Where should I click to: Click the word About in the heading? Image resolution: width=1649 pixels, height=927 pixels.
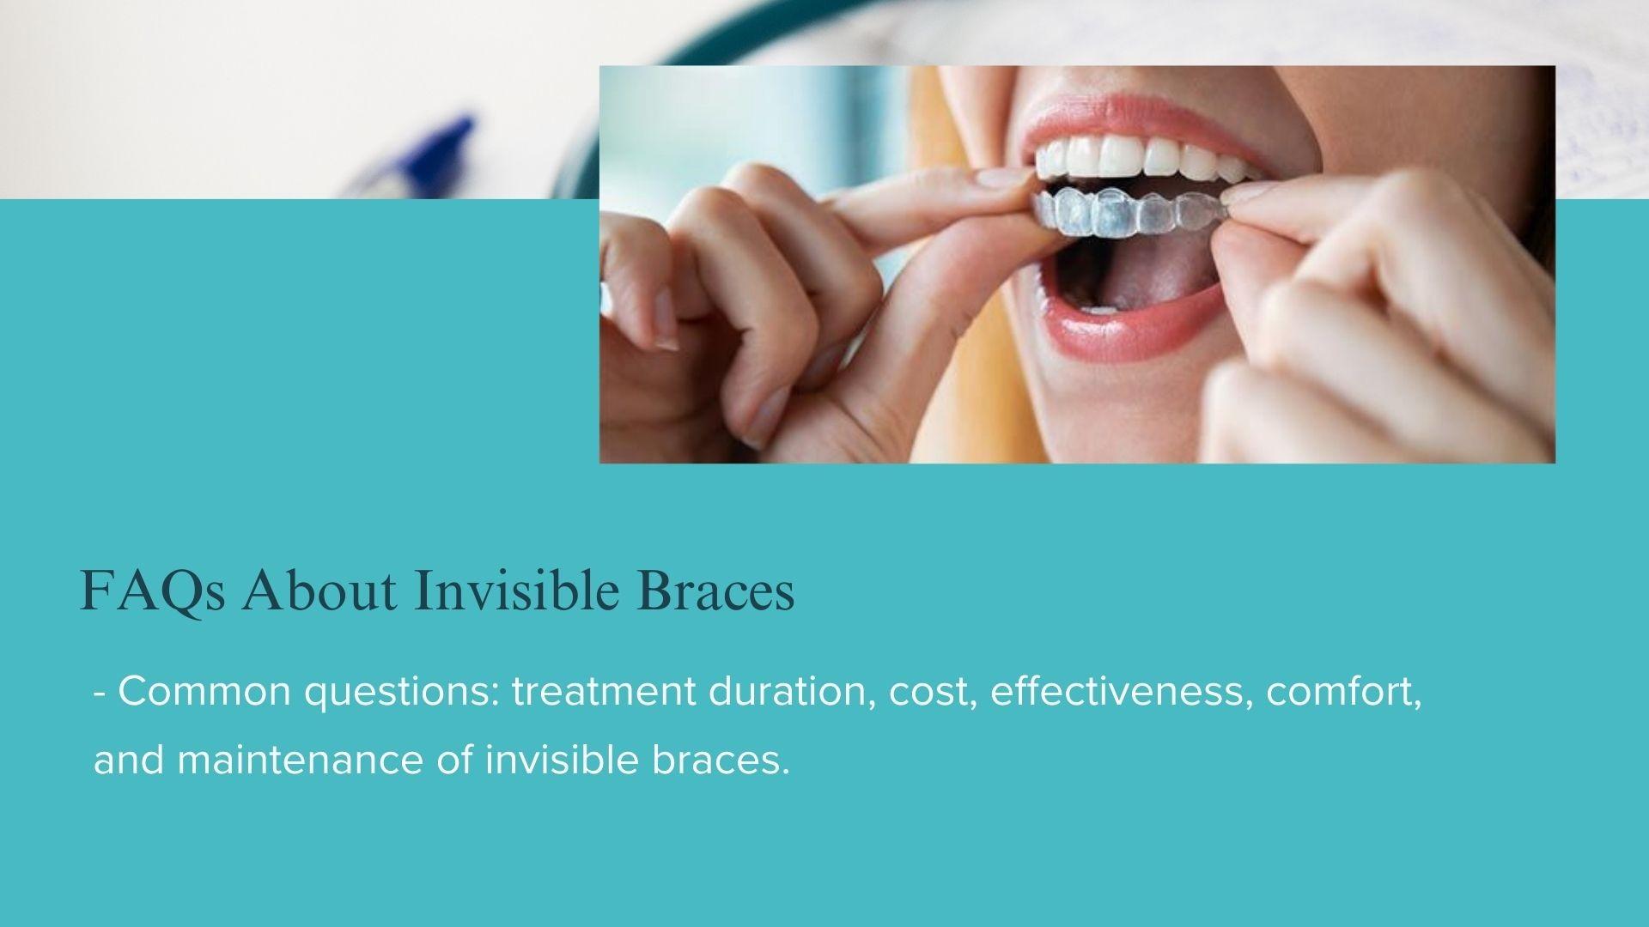tap(319, 591)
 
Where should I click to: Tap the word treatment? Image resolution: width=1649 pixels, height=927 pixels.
tap(604, 692)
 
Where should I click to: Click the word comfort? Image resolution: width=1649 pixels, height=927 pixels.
tap(1344, 692)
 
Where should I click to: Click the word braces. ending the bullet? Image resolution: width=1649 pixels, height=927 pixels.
tap(721, 760)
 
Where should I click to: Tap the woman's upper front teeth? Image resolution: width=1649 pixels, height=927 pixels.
tap(1134, 158)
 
